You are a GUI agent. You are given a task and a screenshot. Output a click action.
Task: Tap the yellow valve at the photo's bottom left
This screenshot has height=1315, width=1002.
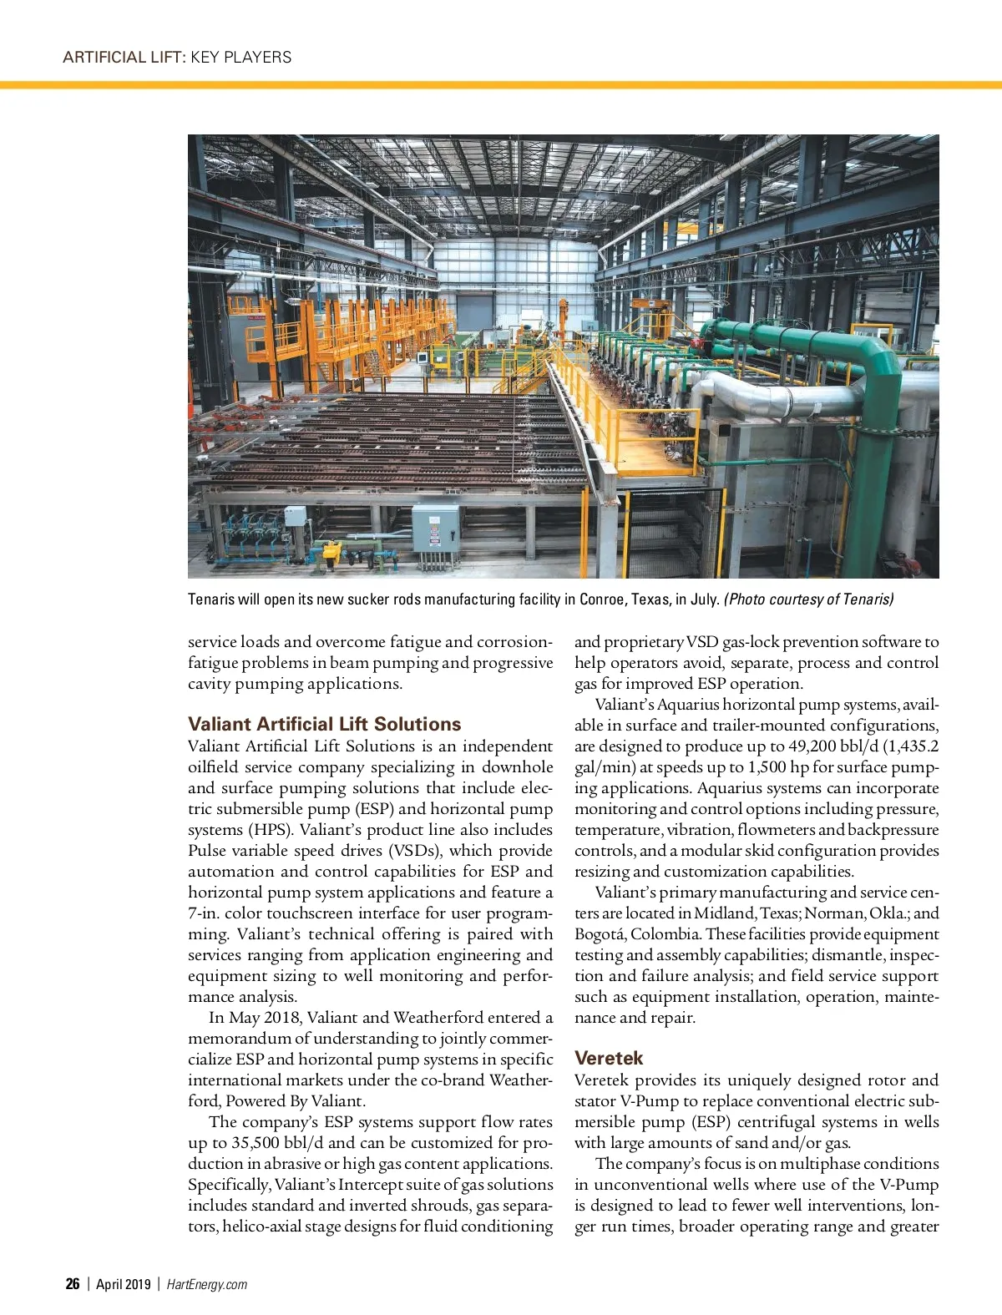331,552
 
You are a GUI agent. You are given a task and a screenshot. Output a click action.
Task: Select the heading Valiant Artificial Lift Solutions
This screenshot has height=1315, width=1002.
324,724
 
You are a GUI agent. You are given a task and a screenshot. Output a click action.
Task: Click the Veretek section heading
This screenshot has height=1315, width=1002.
609,1058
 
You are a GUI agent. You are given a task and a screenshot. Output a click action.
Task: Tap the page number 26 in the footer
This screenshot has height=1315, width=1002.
73,1284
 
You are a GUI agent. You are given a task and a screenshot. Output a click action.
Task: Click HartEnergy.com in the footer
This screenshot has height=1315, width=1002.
207,1284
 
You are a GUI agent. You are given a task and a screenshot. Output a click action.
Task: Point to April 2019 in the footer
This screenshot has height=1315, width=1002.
123,1284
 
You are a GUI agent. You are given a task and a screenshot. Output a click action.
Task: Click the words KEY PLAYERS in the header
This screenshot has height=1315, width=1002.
241,58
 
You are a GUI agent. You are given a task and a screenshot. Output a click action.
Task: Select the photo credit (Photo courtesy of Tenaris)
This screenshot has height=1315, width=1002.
808,599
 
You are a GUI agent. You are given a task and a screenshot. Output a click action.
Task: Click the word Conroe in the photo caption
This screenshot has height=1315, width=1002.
601,599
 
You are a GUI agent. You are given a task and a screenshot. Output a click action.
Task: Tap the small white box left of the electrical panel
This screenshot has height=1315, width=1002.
295,516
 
